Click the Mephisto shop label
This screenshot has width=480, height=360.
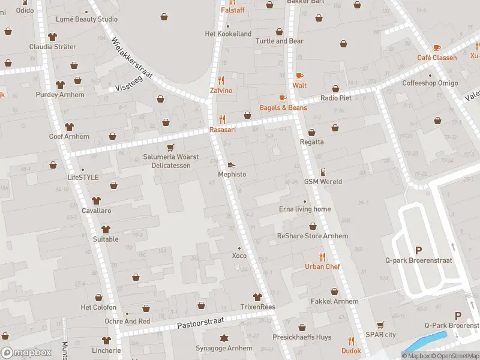click(232, 174)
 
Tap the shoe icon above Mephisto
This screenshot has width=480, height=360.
click(232, 164)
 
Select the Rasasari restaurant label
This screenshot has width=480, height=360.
click(222, 130)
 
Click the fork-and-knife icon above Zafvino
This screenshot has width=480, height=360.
click(221, 80)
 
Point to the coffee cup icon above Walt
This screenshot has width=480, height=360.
click(299, 76)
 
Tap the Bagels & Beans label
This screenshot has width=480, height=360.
click(283, 107)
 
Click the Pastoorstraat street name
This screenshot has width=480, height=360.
click(201, 325)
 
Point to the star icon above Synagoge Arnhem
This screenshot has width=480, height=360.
click(224, 338)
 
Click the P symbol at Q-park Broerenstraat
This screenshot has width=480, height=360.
click(418, 250)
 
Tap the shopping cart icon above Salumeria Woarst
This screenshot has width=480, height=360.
click(171, 147)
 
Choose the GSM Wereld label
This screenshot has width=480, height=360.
click(323, 181)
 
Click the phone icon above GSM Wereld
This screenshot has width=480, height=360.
click(323, 172)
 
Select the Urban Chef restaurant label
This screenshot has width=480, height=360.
click(322, 266)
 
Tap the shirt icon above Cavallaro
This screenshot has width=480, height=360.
click(96, 201)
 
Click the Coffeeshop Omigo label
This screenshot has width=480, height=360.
click(430, 83)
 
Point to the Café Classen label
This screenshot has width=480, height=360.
click(437, 58)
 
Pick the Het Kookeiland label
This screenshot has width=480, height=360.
click(228, 34)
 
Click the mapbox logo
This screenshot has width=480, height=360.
click(26, 352)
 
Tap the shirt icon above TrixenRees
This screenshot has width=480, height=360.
click(257, 297)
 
